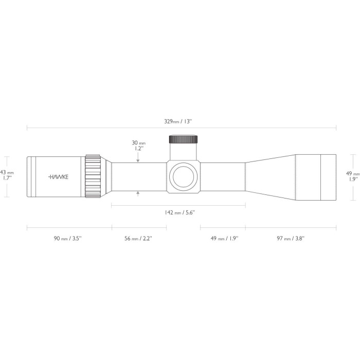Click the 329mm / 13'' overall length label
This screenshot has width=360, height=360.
[178, 121]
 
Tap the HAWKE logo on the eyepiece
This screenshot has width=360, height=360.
[58, 177]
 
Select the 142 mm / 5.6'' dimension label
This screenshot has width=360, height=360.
[180, 212]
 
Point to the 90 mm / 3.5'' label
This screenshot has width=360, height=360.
[68, 238]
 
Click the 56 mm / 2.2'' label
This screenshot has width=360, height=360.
[138, 238]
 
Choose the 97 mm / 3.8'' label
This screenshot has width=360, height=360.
[291, 238]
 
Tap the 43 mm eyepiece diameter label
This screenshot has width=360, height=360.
[7, 172]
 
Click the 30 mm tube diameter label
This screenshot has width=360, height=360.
[139, 143]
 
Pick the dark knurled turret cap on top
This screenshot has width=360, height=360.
[183, 139]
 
